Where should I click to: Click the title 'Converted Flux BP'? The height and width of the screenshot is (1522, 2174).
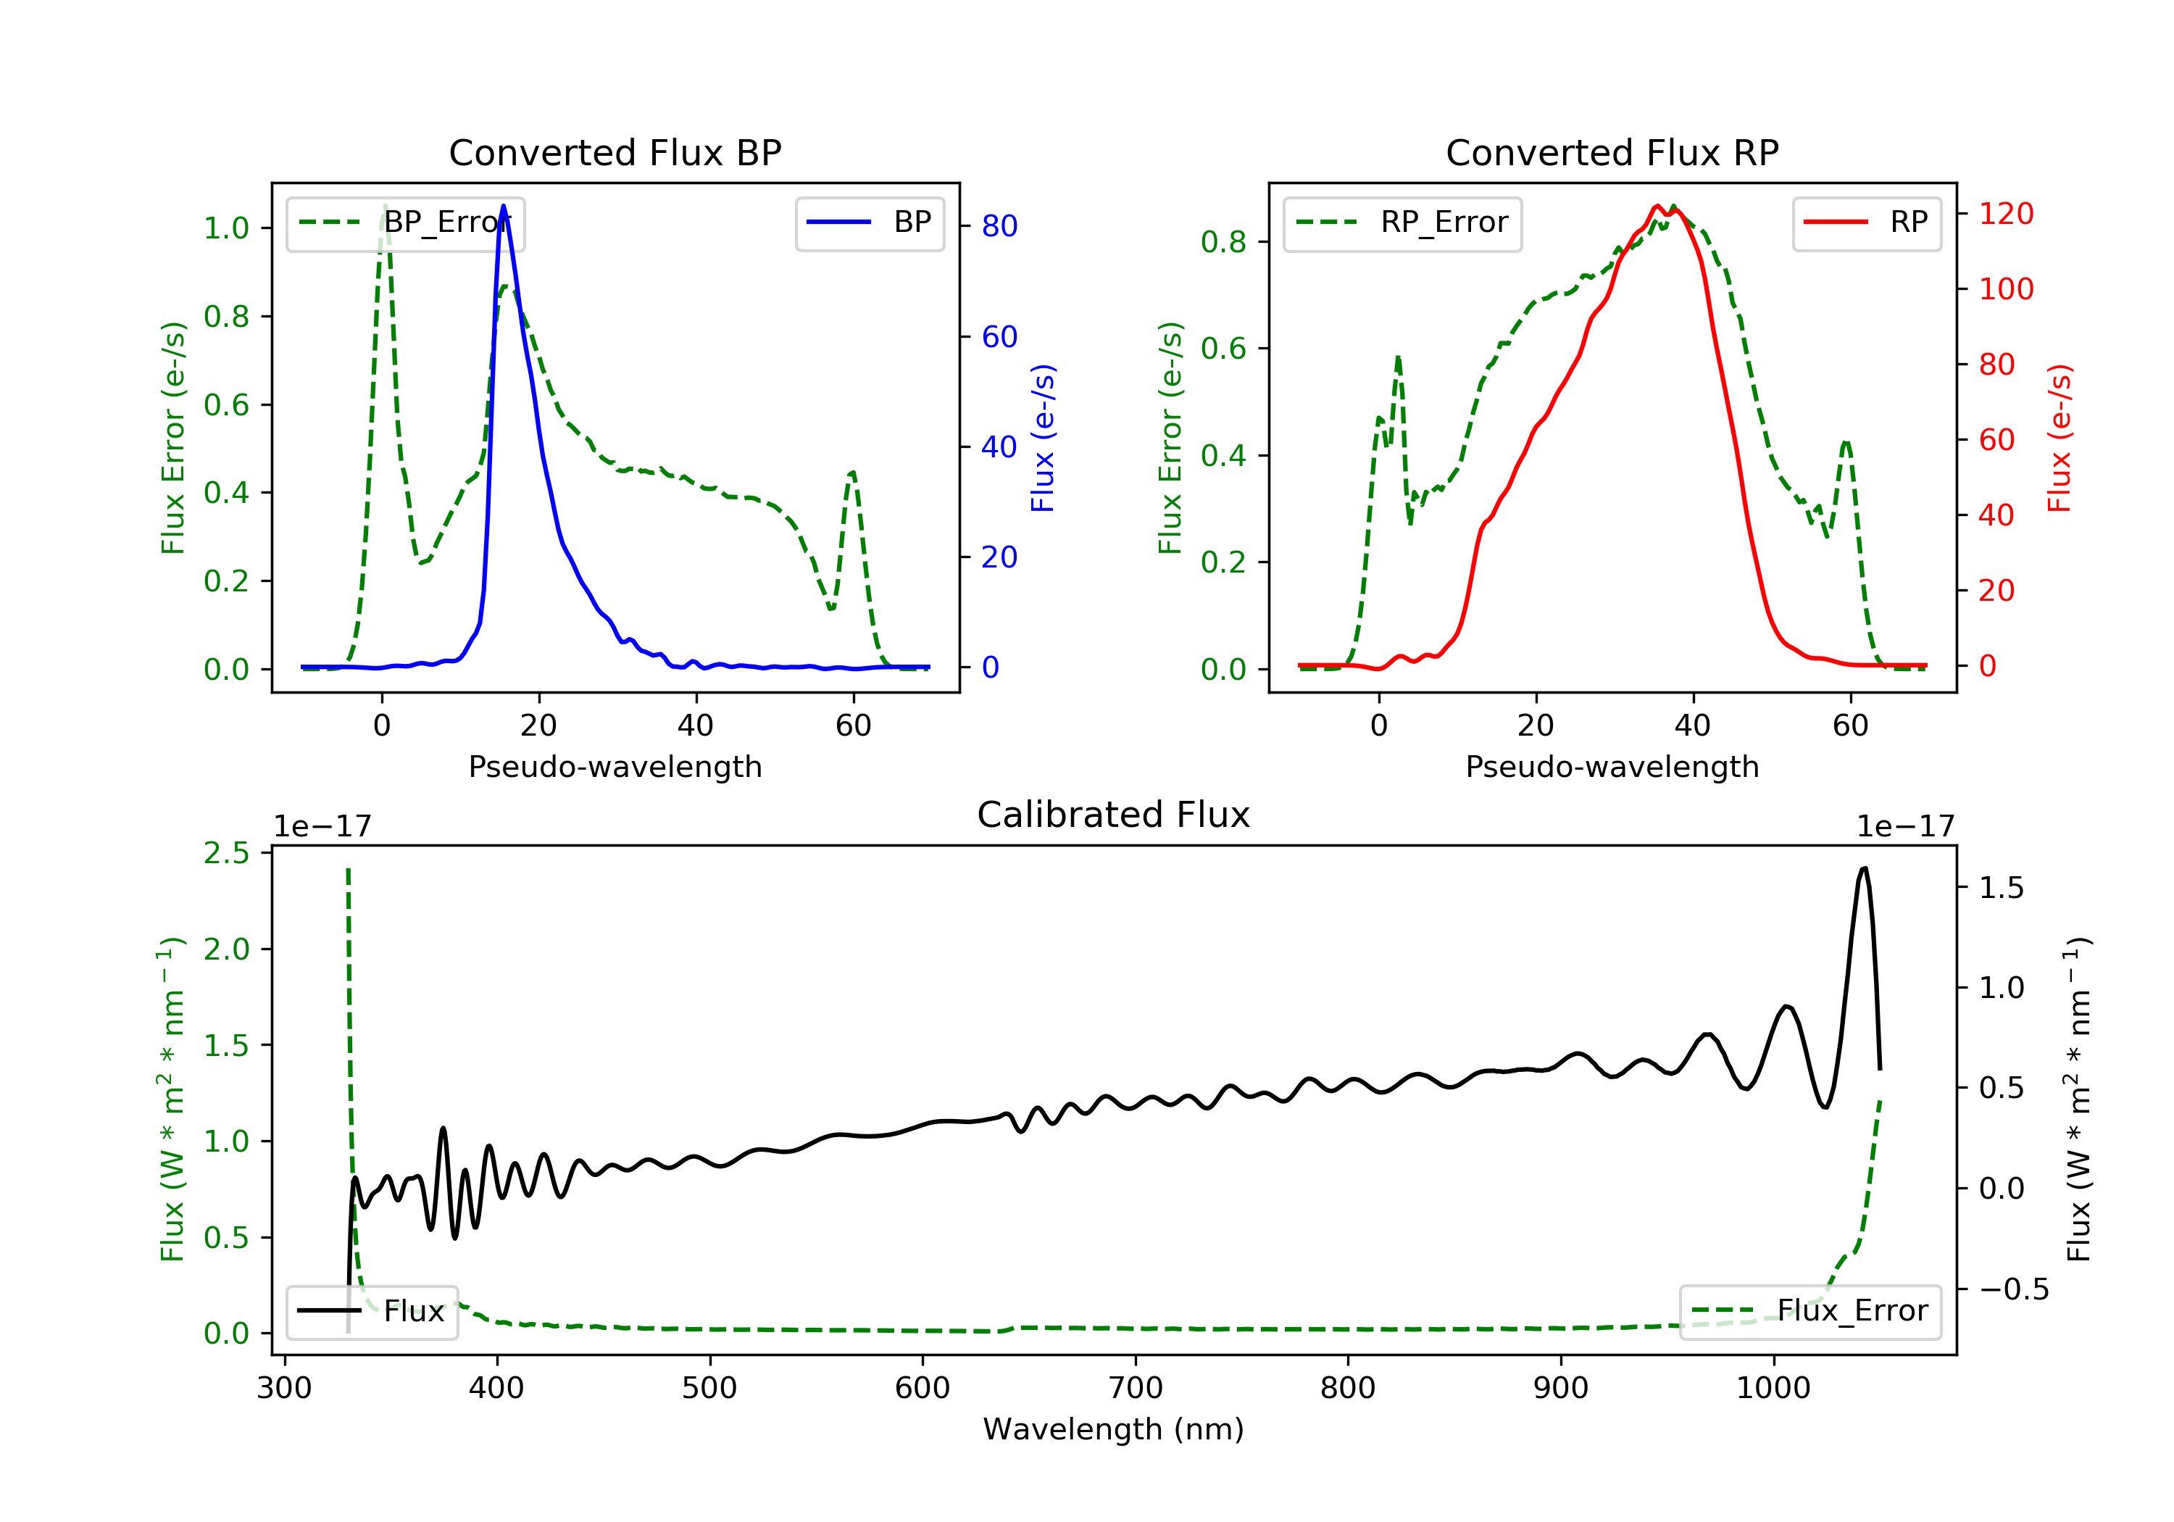pyautogui.click(x=615, y=152)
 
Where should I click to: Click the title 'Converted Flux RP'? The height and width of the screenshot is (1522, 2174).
pyautogui.click(x=1612, y=152)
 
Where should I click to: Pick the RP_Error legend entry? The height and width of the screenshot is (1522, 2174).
pyautogui.click(x=1402, y=223)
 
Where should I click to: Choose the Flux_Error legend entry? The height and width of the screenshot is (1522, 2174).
pyautogui.click(x=1809, y=1311)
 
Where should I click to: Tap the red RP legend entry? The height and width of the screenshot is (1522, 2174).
pyautogui.click(x=1866, y=223)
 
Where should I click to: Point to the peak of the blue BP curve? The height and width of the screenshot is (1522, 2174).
pyautogui.click(x=503, y=206)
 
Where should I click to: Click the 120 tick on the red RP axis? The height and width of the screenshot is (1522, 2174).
pyautogui.click(x=2005, y=214)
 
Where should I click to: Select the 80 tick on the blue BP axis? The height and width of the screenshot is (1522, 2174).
pyautogui.click(x=999, y=226)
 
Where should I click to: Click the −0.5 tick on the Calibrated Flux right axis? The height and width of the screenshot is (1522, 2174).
pyautogui.click(x=2013, y=1290)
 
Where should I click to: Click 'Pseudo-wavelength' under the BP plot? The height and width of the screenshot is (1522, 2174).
pyautogui.click(x=615, y=767)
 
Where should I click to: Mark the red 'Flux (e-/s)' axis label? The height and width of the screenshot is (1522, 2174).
pyautogui.click(x=2060, y=438)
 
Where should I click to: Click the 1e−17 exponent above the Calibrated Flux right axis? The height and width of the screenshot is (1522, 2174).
pyautogui.click(x=1905, y=827)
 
